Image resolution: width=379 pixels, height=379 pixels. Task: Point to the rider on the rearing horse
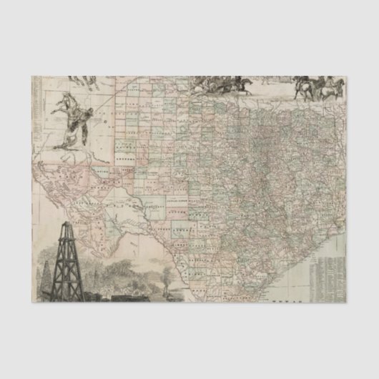click(x=84, y=114)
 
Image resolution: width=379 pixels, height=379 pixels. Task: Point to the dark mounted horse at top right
click(x=306, y=86)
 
